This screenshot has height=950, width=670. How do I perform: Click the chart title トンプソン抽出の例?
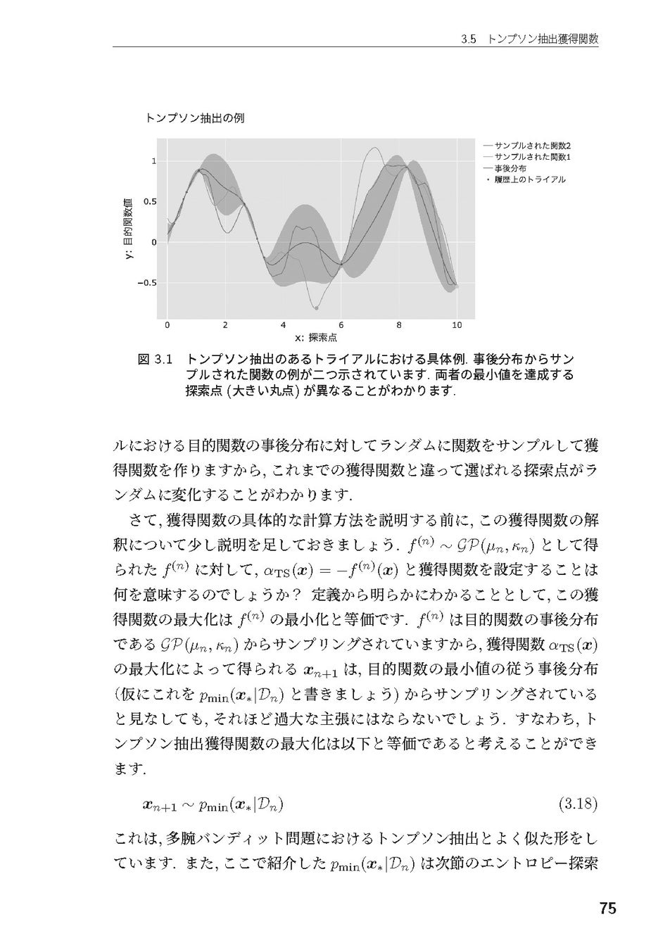point(194,119)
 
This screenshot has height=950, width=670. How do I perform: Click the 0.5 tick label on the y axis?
point(151,201)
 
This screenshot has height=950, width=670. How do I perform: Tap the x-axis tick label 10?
point(457,326)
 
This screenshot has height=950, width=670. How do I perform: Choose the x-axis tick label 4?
point(283,326)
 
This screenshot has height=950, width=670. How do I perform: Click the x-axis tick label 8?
point(399,326)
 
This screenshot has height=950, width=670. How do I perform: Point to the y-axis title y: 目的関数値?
point(128,229)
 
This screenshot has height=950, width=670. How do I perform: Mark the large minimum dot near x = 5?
point(316,308)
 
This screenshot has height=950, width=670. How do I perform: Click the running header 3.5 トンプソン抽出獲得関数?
point(529,40)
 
